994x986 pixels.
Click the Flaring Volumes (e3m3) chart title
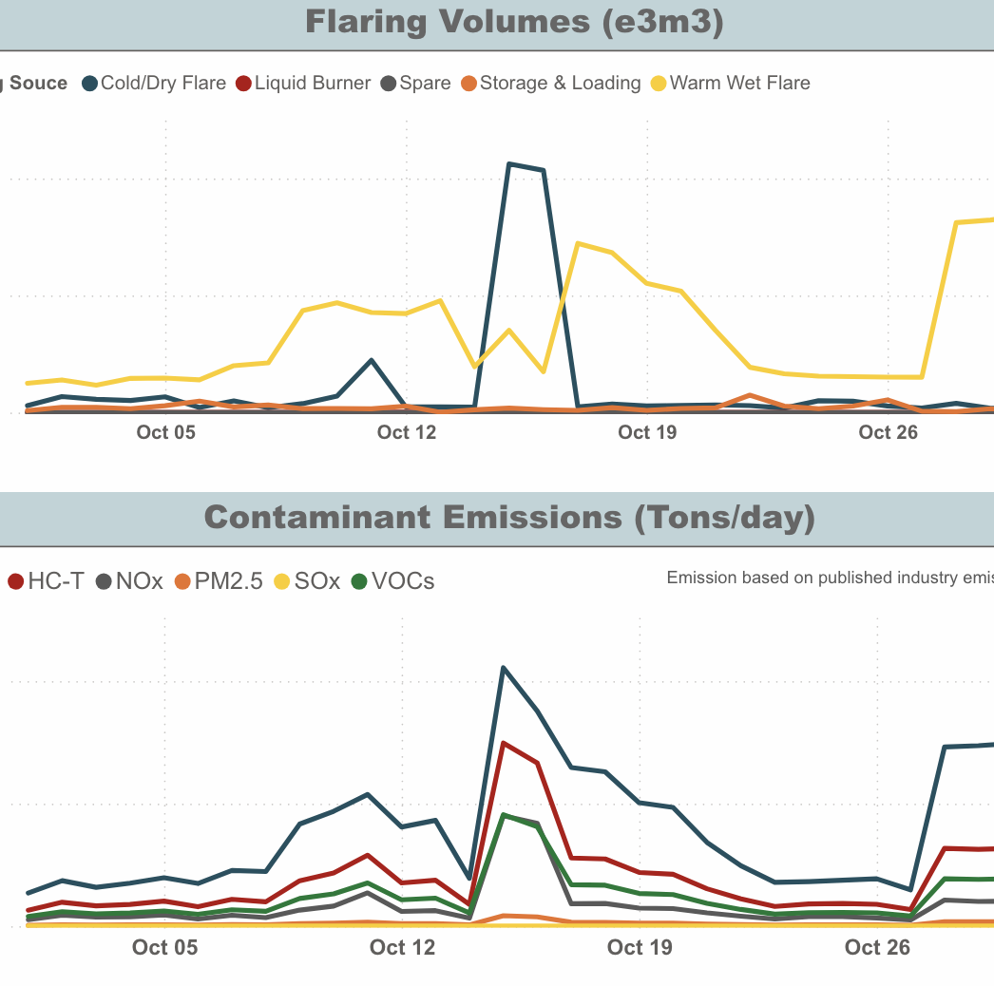coord(514,23)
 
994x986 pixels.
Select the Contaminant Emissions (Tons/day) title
coord(509,518)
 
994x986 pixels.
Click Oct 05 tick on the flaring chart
coord(165,433)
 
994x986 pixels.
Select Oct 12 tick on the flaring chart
coord(407,433)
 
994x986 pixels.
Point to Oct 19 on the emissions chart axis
coord(639,947)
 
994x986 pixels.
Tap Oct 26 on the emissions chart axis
coord(877,947)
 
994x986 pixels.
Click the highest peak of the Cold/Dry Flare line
coord(510,164)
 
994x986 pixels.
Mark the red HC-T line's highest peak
coord(504,743)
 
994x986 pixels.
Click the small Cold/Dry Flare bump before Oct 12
coord(372,361)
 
